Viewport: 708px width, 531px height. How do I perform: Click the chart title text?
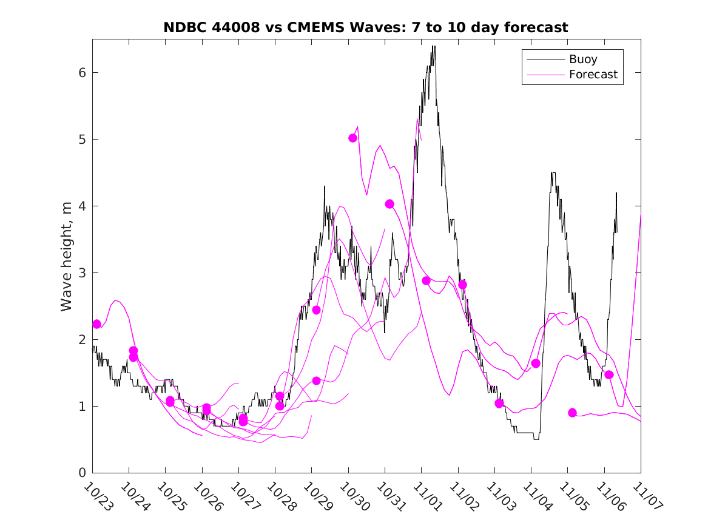click(x=366, y=27)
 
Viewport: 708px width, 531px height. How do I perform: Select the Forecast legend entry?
click(x=593, y=75)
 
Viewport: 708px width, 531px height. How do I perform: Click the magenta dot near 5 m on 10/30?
click(x=352, y=138)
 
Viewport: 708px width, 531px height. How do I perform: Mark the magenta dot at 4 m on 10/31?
click(x=389, y=204)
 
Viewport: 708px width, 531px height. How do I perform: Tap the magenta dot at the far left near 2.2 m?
click(x=96, y=324)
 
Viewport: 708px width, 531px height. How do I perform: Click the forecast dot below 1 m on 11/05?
click(x=572, y=413)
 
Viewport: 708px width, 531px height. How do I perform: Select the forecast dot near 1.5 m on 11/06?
click(x=609, y=374)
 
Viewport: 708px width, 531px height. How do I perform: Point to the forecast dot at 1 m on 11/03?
click(x=499, y=404)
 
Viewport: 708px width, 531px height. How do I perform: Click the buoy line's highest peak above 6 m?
click(x=433, y=47)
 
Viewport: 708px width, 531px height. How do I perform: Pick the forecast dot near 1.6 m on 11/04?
click(x=536, y=364)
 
